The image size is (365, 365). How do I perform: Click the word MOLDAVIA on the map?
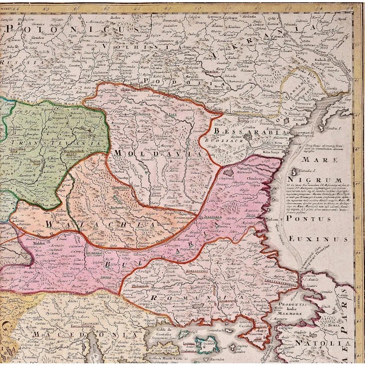(x=157, y=153)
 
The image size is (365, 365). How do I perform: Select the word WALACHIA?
(x=100, y=224)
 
